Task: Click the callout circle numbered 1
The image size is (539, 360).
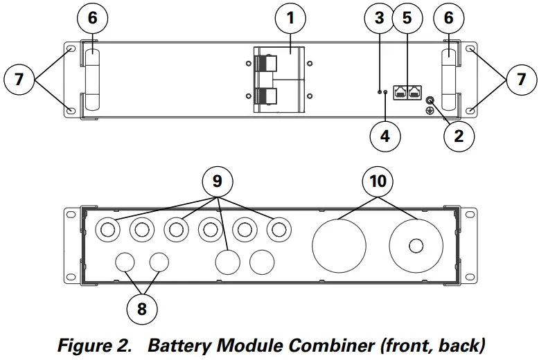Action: click(x=290, y=19)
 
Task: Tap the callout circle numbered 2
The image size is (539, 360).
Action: click(x=458, y=136)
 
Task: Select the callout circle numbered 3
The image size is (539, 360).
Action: click(x=379, y=19)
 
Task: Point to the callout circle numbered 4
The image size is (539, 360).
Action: click(x=385, y=136)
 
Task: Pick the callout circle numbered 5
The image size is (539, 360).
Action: click(x=407, y=19)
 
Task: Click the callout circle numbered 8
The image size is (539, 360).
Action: click(x=142, y=308)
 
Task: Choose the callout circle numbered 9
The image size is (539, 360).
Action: click(x=217, y=182)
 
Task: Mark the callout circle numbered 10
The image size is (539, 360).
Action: click(x=378, y=182)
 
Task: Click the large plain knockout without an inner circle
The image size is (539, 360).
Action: click(x=339, y=245)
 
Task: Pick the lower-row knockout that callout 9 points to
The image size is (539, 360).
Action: click(x=228, y=262)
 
